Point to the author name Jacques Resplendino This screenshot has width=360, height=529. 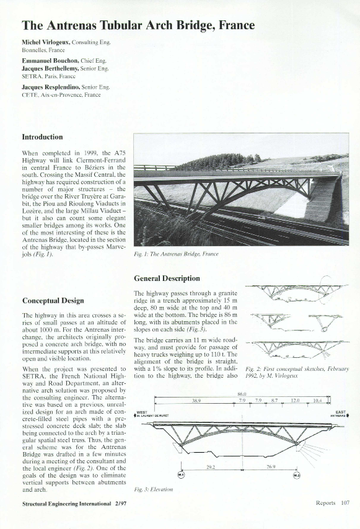pyautogui.click(x=51, y=89)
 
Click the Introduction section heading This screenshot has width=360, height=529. pyautogui.click(x=42, y=136)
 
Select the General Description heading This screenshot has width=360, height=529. pyautogui.click(x=167, y=278)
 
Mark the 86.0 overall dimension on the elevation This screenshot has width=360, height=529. pyautogui.click(x=242, y=394)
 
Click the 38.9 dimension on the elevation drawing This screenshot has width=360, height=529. pyautogui.click(x=196, y=402)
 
